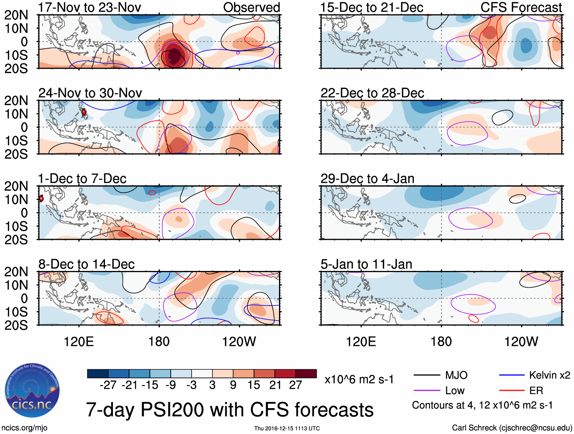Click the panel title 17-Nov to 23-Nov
pos(90,7)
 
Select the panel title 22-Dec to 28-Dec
pos(372,93)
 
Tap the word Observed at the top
pos(251,7)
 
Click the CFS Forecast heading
pos(521,7)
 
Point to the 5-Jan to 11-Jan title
pos(366,264)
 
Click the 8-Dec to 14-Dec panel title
pos(87,264)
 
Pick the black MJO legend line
pos(427,375)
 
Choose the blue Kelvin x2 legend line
pos(512,375)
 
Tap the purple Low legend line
pos(427,390)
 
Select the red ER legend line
pos(512,390)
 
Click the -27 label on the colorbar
pos(108,385)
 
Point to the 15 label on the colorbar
pos(254,385)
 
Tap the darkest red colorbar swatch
pos(306,374)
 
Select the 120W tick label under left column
pos(239,342)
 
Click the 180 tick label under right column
pos(441,342)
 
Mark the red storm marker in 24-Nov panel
pos(84,112)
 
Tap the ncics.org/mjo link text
pos(24,428)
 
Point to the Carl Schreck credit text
pos(512,428)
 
